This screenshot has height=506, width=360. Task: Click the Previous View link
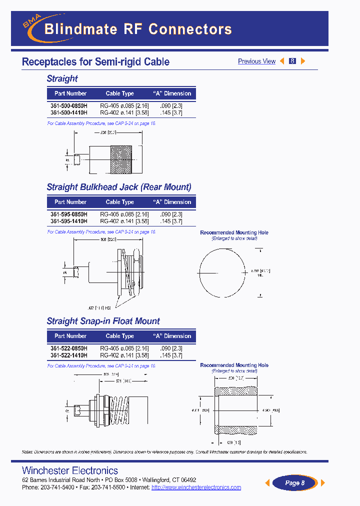click(256, 61)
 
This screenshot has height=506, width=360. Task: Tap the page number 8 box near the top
click(292, 61)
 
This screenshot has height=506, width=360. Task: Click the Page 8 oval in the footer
click(294, 482)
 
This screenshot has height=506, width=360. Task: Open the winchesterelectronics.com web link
click(196, 487)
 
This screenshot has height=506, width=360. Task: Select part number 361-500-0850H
click(69, 106)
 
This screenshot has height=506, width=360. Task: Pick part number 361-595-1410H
click(69, 221)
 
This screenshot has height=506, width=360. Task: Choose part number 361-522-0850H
click(69, 348)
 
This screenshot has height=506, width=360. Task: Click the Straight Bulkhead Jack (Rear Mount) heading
click(119, 187)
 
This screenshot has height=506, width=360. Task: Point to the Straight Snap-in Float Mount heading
click(103, 321)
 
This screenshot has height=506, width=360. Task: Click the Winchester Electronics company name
click(70, 470)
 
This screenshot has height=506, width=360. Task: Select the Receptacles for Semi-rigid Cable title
click(95, 62)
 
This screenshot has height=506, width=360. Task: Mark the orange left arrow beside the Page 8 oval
click(267, 482)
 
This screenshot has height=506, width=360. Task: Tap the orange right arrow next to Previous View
click(302, 61)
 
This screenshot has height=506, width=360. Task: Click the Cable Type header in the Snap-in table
click(120, 336)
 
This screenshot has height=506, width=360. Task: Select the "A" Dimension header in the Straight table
click(171, 93)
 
